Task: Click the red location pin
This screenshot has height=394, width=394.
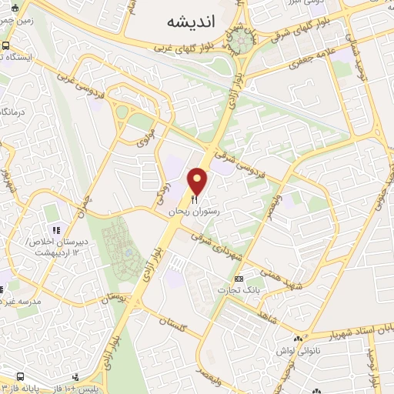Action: click(x=199, y=179)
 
